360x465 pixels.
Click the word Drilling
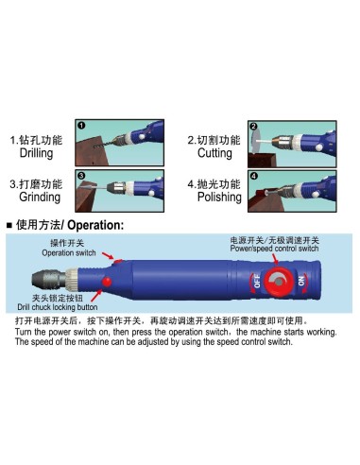[36, 153]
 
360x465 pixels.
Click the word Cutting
[214, 153]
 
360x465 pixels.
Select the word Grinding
[38, 198]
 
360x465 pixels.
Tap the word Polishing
[220, 198]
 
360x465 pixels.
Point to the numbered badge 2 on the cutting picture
[253, 127]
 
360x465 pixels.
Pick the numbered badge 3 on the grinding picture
[81, 176]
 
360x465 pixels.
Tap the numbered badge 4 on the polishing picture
[253, 176]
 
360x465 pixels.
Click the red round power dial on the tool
[278, 282]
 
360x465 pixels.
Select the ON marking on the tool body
[301, 282]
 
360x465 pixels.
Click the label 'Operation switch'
[69, 253]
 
